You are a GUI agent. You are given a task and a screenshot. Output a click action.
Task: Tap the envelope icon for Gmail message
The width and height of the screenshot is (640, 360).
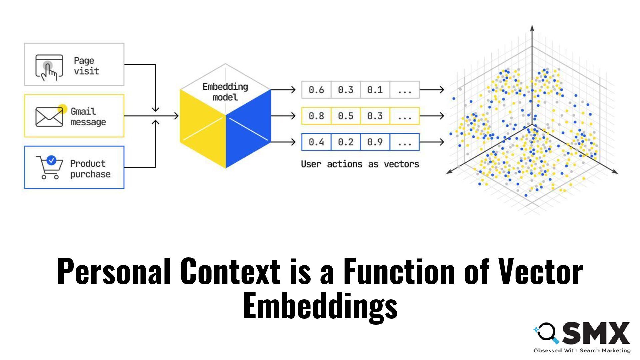[x=49, y=117]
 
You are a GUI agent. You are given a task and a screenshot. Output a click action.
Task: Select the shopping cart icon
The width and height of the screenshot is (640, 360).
[x=50, y=167]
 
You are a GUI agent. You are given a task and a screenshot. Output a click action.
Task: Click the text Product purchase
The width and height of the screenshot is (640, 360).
[x=90, y=169]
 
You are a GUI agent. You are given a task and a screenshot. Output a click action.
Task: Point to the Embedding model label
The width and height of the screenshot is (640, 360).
[x=225, y=92]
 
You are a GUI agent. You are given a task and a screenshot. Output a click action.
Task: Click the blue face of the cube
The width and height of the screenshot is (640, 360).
[x=248, y=130]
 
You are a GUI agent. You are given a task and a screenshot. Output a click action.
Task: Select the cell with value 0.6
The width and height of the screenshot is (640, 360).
[x=316, y=90]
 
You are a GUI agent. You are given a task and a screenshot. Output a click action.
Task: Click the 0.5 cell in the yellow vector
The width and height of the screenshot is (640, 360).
[x=345, y=116]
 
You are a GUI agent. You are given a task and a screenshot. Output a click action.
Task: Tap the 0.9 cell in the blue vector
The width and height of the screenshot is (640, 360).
[x=375, y=142]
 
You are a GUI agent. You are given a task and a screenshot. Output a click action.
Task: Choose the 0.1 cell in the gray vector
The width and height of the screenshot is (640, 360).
[x=375, y=90]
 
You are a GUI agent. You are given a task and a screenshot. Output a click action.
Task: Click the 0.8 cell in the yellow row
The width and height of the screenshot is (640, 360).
[x=316, y=116]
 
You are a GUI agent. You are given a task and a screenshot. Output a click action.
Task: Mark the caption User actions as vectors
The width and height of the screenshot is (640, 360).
[x=360, y=164]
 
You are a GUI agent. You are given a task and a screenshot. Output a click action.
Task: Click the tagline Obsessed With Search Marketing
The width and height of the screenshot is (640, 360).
[x=582, y=350]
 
